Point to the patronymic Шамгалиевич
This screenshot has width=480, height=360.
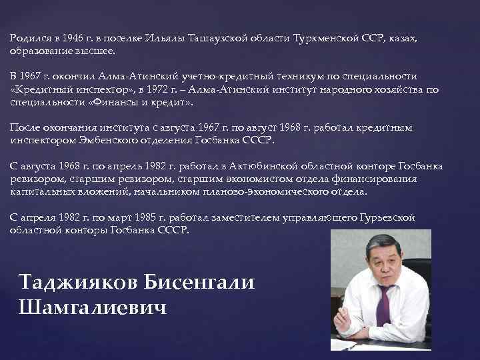[94, 307]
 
